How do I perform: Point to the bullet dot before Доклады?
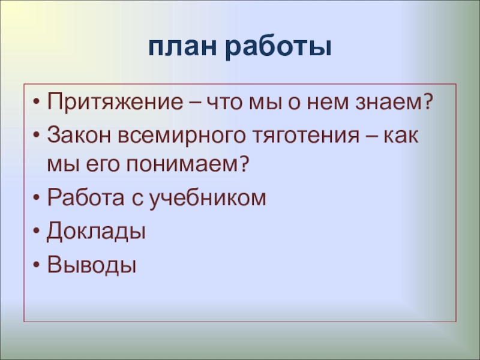[38, 231]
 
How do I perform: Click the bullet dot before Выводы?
[38, 264]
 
